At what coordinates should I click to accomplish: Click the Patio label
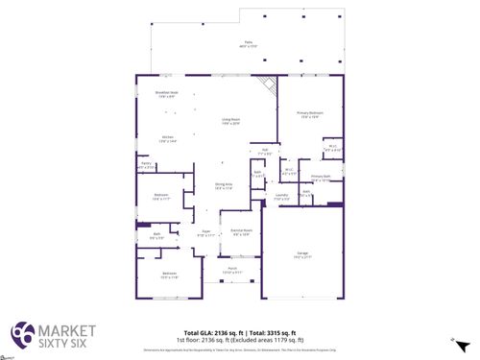coord(248,44)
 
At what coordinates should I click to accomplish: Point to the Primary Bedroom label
coord(310,114)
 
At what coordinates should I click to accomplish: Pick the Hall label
coord(264,151)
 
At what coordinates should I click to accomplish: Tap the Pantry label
coord(147,166)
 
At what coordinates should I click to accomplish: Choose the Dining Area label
coord(223,187)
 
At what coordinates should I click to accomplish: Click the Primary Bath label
coord(321,179)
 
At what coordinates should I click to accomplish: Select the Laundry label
coord(282,197)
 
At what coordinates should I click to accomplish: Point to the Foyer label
coord(205,233)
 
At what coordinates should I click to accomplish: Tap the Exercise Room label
coord(241,232)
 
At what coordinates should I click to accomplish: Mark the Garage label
coord(302,254)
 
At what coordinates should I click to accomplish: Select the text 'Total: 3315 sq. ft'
coord(271,330)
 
